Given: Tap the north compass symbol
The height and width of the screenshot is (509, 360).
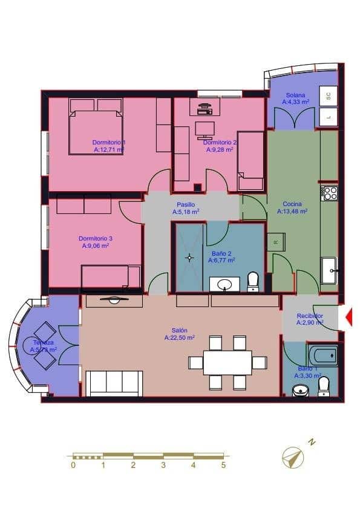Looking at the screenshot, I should (x=293, y=456).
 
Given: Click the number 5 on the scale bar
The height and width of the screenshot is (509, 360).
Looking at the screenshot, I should (x=223, y=465).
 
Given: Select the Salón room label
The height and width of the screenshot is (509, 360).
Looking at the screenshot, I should (x=179, y=331).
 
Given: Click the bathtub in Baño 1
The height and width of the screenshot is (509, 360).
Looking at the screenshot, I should (x=322, y=355).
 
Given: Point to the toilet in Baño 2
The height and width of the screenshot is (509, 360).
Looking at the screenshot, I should (x=252, y=281).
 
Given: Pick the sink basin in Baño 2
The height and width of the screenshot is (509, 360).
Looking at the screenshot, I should (x=224, y=284).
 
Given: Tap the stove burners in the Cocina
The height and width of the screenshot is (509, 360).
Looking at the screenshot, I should (x=330, y=193).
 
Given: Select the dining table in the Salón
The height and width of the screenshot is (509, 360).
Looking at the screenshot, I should (x=227, y=362).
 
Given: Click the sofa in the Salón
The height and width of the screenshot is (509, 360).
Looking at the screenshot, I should (x=114, y=383).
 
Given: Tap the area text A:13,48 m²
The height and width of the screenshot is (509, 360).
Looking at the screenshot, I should (x=292, y=212).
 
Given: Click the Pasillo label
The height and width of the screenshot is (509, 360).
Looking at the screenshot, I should (x=186, y=204).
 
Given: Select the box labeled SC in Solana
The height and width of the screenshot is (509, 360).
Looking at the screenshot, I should (x=329, y=96).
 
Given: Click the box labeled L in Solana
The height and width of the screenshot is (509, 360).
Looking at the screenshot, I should (x=329, y=117).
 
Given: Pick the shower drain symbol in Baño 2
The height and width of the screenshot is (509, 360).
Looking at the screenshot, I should (x=189, y=258).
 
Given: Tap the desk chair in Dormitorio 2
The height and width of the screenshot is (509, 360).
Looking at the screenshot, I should (x=205, y=129).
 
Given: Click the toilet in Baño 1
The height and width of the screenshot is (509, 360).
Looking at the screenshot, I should (x=324, y=386).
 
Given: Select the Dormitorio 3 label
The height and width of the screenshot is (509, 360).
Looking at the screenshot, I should (x=96, y=238).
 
